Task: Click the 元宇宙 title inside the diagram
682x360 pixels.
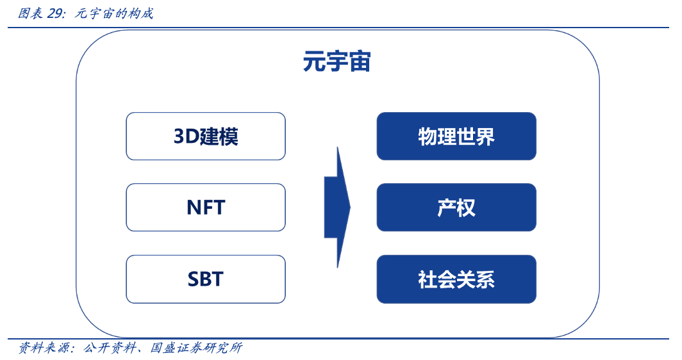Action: pyautogui.click(x=337, y=63)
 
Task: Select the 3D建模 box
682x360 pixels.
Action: pyautogui.click(x=206, y=136)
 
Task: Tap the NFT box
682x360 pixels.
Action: pyautogui.click(x=206, y=208)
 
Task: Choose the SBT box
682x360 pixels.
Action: pyautogui.click(x=206, y=279)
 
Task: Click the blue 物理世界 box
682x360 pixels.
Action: pyautogui.click(x=456, y=136)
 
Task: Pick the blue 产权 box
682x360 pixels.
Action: pyautogui.click(x=456, y=208)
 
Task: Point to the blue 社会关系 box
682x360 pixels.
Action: pyautogui.click(x=456, y=279)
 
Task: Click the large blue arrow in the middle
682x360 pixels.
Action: pyautogui.click(x=337, y=207)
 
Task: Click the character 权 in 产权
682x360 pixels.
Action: pyautogui.click(x=466, y=208)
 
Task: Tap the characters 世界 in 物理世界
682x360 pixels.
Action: pyautogui.click(x=476, y=136)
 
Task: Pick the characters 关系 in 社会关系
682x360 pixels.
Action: pyautogui.click(x=476, y=279)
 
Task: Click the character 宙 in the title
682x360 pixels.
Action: pyautogui.click(x=360, y=63)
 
